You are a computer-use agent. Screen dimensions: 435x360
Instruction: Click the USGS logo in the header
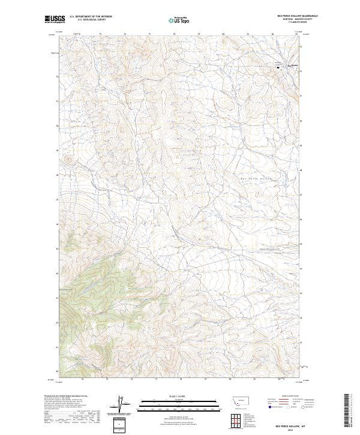(x=55, y=19)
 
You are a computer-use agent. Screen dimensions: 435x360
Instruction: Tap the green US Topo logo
(x=179, y=19)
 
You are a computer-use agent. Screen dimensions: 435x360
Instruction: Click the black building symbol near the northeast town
(x=278, y=67)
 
